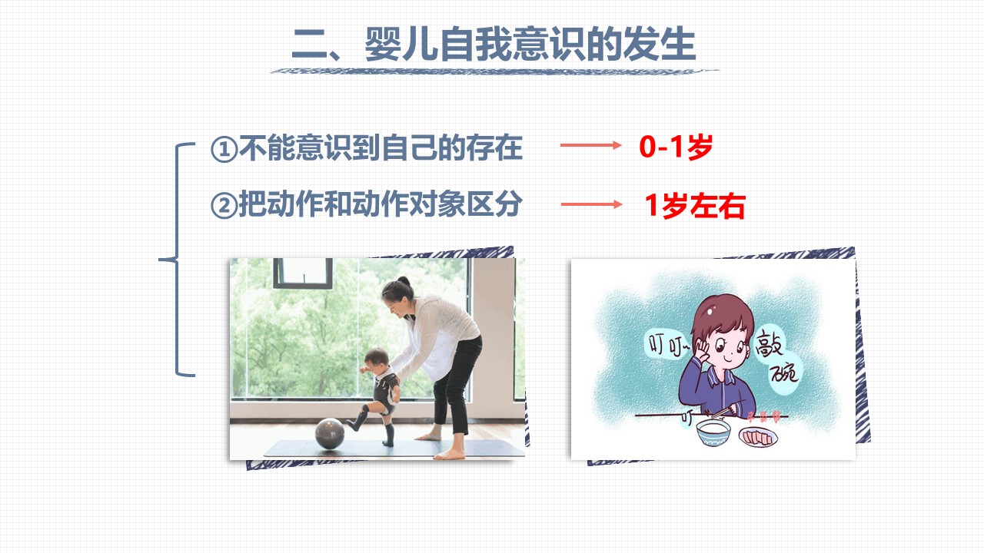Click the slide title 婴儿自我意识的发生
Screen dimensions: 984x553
(530, 45)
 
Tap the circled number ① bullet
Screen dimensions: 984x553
(224, 149)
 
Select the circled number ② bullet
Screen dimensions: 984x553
(224, 205)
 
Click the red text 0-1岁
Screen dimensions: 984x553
(676, 147)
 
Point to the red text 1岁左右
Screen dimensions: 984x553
(695, 205)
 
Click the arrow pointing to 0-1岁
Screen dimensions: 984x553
(591, 145)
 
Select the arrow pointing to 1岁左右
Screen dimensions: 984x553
(592, 204)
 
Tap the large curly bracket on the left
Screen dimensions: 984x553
(177, 260)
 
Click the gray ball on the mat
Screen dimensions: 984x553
(330, 434)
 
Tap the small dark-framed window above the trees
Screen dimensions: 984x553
(303, 273)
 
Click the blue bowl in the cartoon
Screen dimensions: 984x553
(713, 432)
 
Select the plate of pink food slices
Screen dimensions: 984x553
(758, 437)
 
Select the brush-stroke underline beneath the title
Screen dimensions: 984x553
(494, 71)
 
